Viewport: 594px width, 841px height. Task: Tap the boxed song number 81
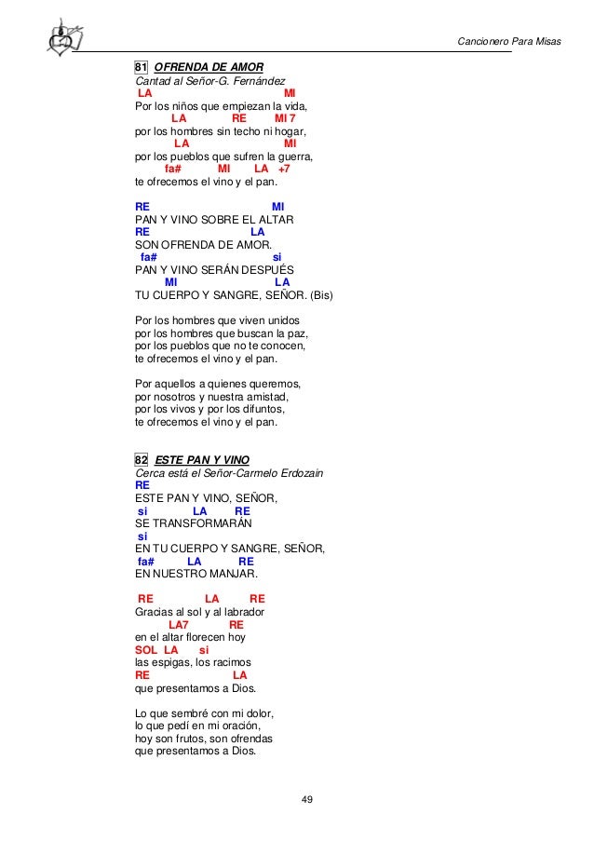point(142,67)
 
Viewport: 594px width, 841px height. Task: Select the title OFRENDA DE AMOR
point(209,67)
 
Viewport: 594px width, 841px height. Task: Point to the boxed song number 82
point(142,459)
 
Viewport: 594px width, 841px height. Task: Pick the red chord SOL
point(146,649)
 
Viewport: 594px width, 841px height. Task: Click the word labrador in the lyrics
point(242,612)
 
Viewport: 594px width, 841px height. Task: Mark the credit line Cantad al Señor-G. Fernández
point(210,81)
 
